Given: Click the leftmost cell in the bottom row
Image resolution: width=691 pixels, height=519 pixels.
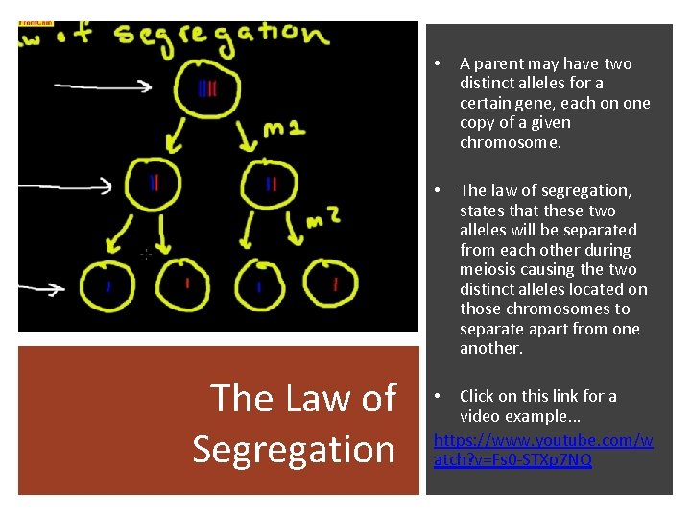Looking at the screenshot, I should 108,284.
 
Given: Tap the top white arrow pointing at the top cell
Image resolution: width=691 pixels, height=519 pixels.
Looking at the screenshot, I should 103,86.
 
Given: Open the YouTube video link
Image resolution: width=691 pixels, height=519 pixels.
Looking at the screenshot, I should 543,450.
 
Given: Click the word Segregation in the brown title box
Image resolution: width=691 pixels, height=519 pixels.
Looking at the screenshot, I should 294,449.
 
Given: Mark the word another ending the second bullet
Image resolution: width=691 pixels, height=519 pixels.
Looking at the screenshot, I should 491,348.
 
